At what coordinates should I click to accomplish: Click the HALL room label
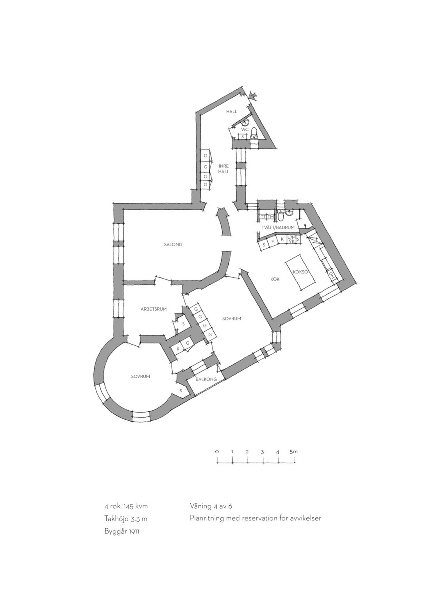[x=231, y=111]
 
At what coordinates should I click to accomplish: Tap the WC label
[x=245, y=129]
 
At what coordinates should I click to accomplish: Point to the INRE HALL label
[x=224, y=169]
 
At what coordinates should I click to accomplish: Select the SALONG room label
[x=173, y=245]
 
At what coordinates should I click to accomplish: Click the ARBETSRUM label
[x=154, y=309]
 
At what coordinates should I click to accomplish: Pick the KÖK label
[x=275, y=279]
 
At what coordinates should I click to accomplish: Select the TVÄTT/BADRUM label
[x=278, y=227]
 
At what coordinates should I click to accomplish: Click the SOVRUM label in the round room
[x=141, y=377]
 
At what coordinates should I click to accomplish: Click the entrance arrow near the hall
[x=253, y=96]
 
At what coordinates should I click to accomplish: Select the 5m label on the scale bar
[x=293, y=452]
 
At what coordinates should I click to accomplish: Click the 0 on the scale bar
[x=217, y=452]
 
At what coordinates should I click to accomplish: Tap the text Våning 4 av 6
[x=211, y=506]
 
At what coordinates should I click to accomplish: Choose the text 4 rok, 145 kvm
[x=126, y=506]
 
